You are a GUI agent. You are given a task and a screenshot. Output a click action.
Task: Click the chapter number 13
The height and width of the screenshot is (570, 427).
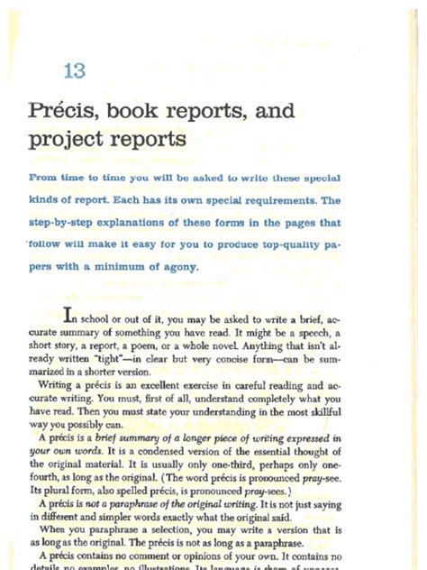click(76, 71)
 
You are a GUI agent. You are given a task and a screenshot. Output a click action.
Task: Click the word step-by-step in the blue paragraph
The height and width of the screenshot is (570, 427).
click(65, 222)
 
